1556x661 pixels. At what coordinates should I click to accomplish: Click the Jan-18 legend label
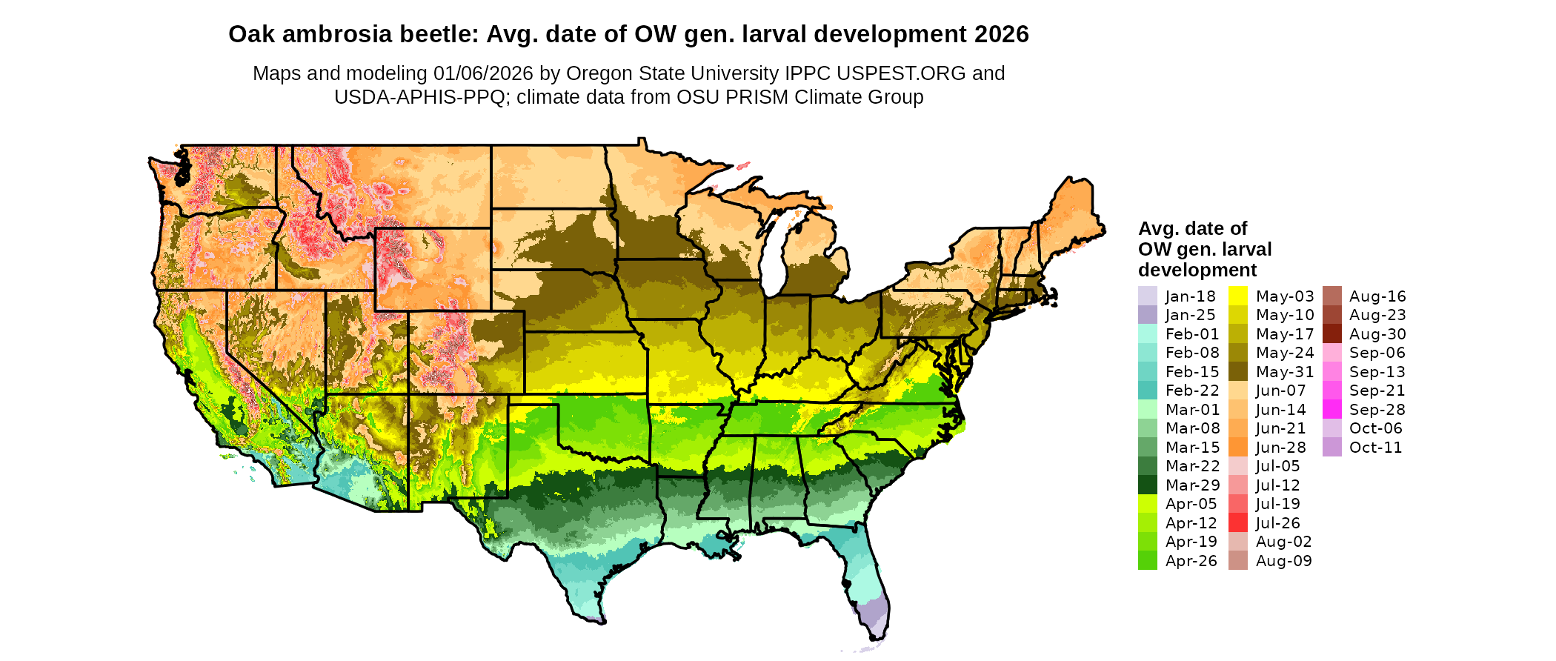(1190, 296)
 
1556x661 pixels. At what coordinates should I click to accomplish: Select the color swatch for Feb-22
(1147, 391)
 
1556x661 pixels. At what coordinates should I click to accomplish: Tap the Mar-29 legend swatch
(1147, 485)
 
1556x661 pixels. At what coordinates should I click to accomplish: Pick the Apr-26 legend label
(1191, 561)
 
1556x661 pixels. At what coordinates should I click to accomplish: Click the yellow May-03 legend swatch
(1237, 296)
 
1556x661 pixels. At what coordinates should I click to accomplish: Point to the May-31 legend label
(1284, 372)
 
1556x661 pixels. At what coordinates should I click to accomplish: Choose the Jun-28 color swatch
(1237, 448)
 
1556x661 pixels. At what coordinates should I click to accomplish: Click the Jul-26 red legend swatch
(1237, 522)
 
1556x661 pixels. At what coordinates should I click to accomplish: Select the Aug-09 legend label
(1283, 561)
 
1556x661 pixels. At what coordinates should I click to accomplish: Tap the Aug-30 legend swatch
(1331, 334)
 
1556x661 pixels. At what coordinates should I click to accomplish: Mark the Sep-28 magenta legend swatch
(1331, 410)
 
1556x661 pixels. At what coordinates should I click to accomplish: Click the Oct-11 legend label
(1375, 448)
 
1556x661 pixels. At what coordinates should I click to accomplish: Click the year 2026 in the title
(1002, 35)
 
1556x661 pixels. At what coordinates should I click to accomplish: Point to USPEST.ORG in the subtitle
(901, 73)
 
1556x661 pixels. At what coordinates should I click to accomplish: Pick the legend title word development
(1197, 270)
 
